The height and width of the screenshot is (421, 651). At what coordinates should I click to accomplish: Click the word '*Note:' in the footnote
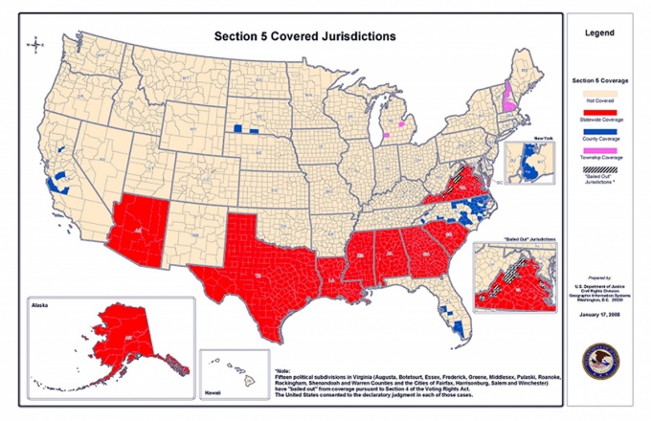pos(283,369)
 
